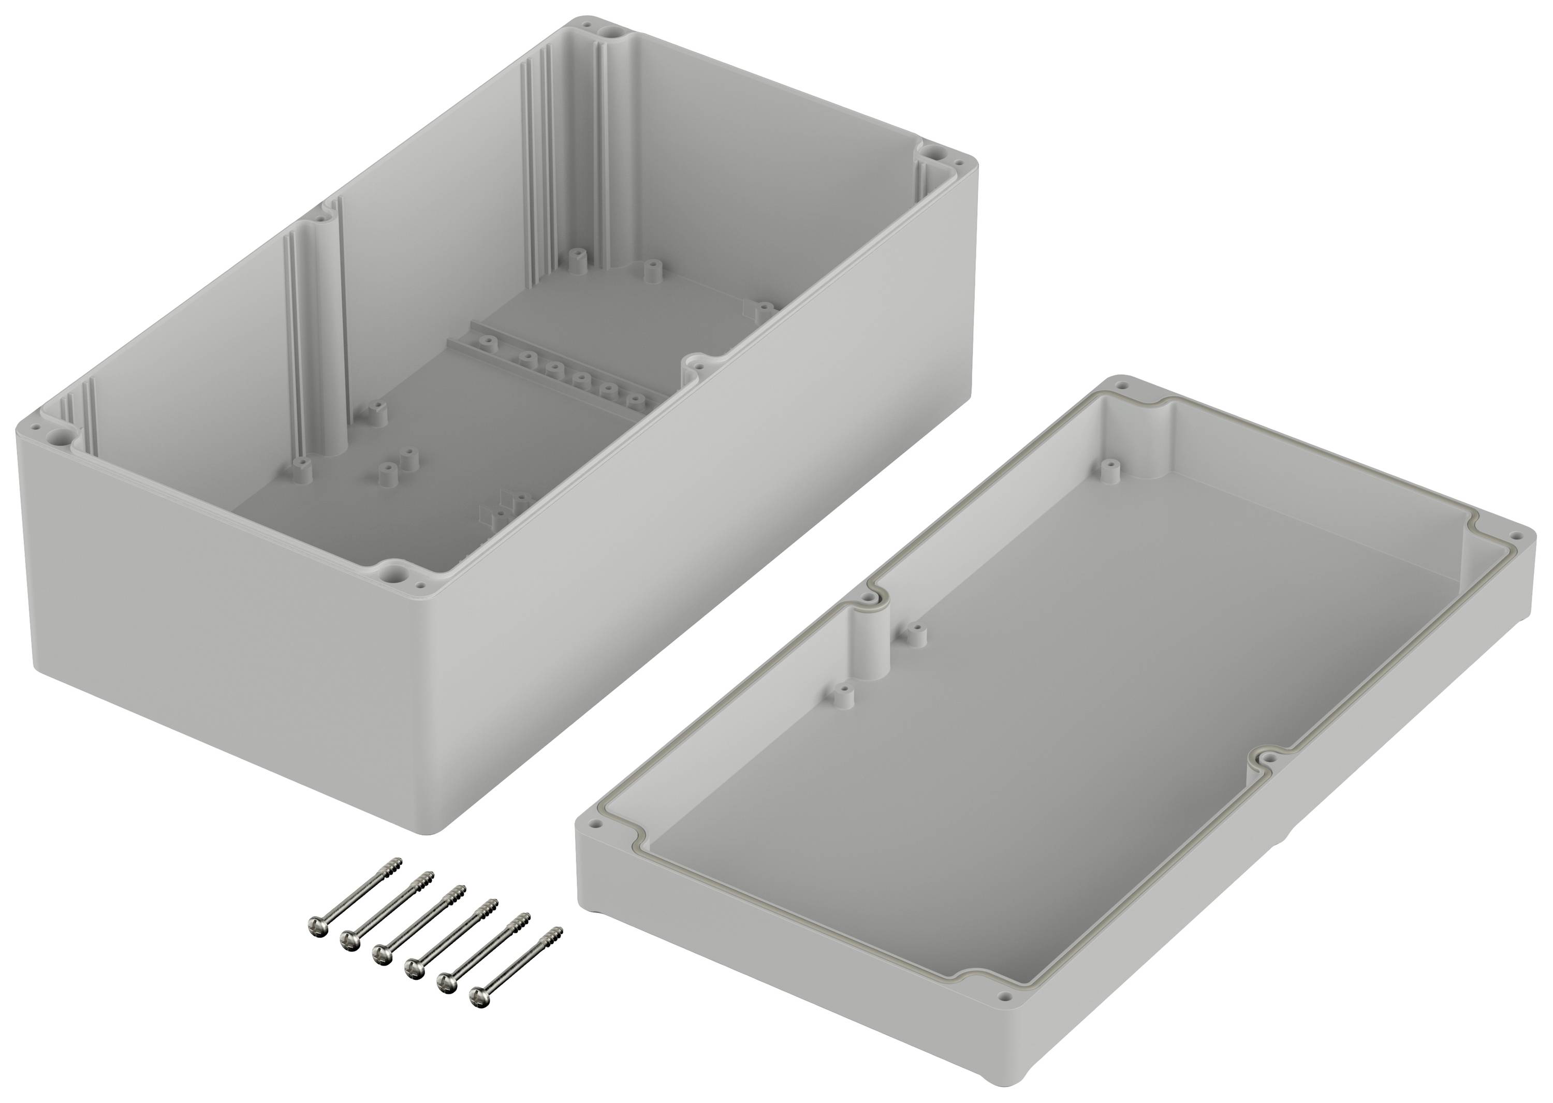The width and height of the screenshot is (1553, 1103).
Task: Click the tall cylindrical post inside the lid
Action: [870, 638]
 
